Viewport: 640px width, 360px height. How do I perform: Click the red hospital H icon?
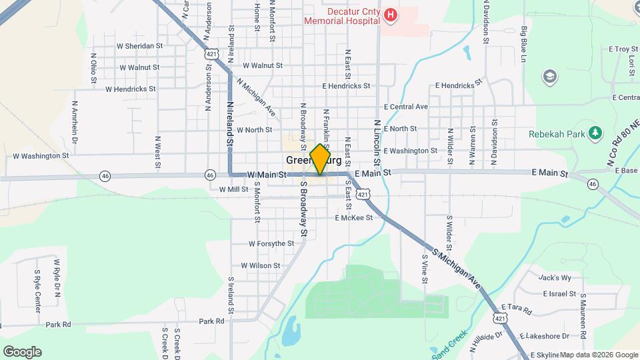[391, 15]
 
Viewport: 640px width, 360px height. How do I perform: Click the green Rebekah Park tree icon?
[595, 133]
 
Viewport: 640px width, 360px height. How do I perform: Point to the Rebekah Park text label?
[557, 133]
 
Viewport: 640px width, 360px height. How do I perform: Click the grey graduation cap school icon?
[550, 76]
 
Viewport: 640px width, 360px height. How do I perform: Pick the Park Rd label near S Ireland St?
[211, 321]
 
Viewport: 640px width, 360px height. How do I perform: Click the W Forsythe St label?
[271, 244]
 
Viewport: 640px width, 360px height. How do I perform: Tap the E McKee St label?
[353, 218]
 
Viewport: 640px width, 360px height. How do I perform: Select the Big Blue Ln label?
[524, 45]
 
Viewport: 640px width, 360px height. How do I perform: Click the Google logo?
[22, 351]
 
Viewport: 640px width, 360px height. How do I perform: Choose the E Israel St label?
[559, 293]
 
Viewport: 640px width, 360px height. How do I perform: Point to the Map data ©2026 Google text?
[599, 355]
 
